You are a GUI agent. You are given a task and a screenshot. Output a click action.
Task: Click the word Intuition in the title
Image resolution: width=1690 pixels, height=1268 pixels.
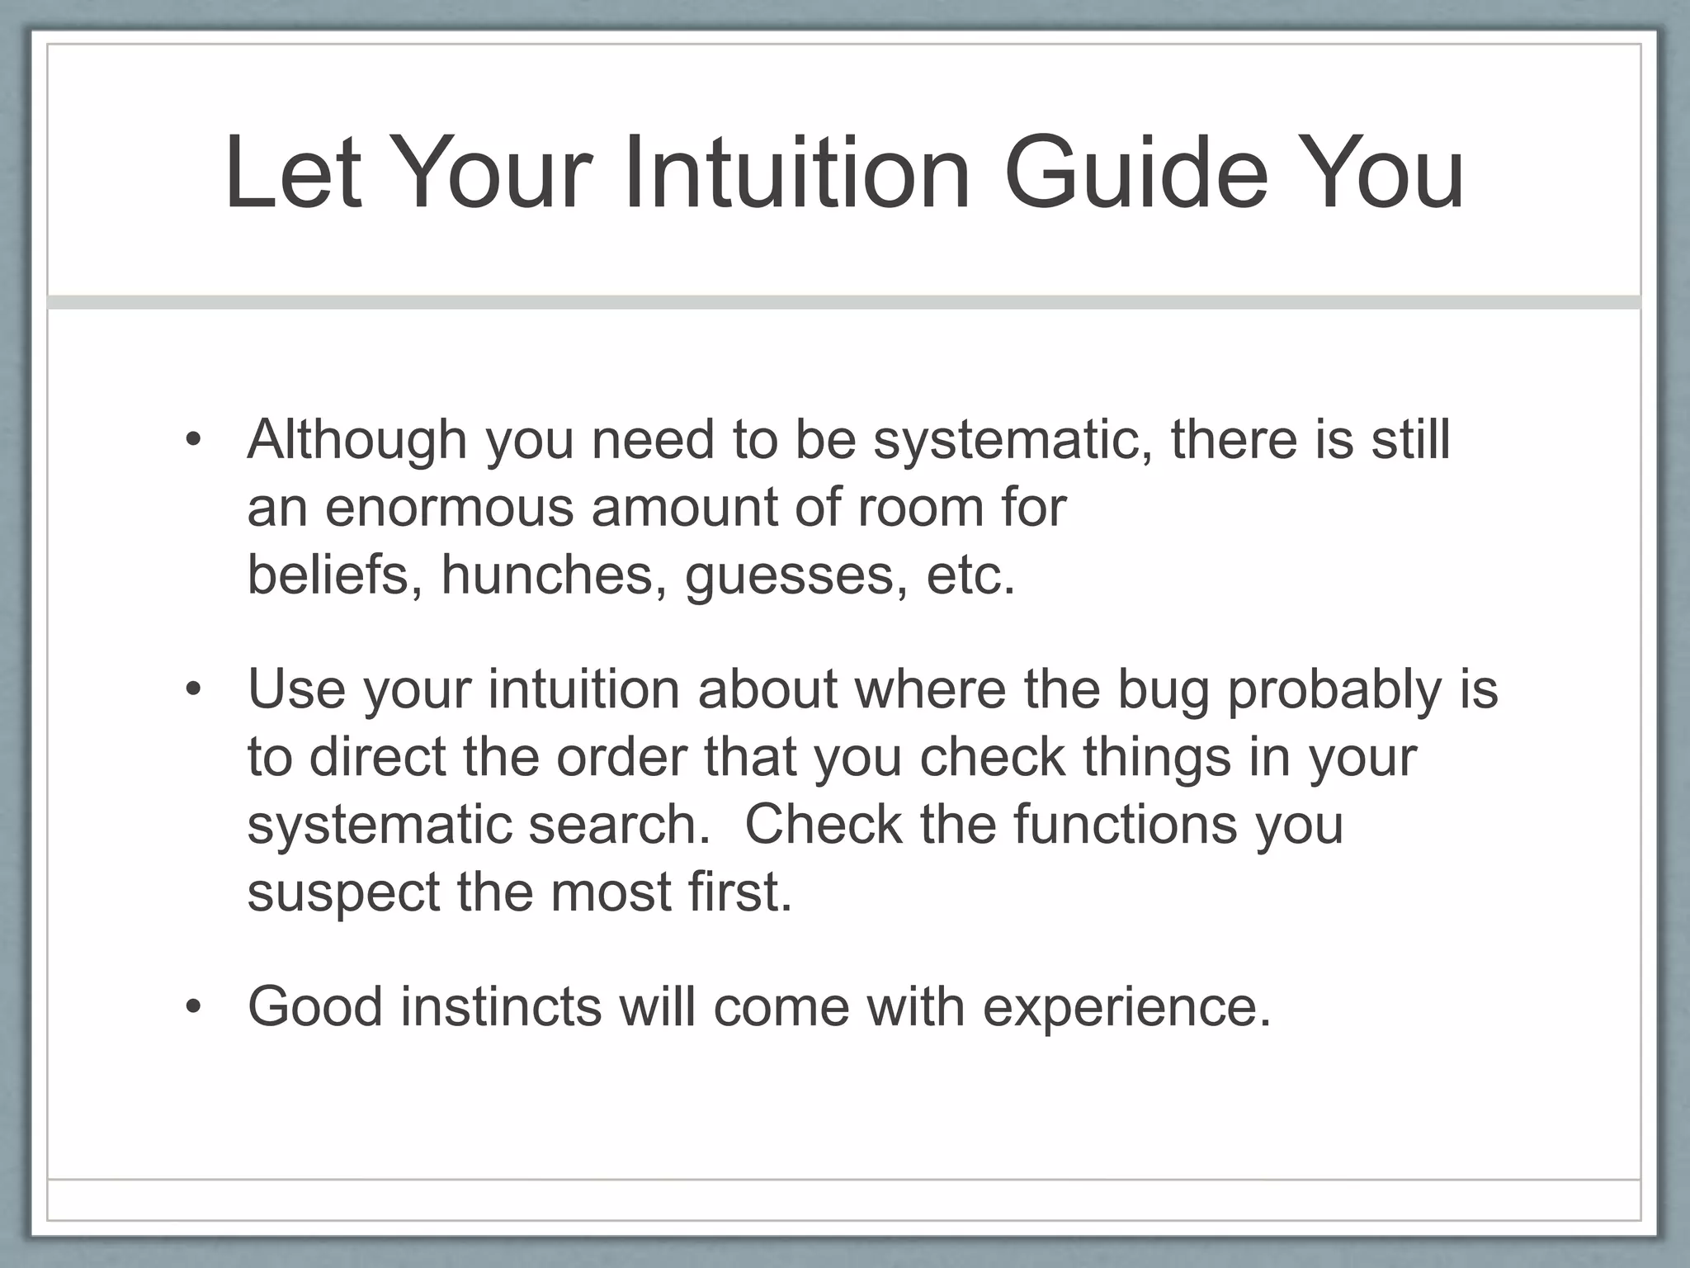click(x=796, y=175)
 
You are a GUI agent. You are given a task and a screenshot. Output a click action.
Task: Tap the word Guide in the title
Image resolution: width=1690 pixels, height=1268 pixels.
click(x=1135, y=175)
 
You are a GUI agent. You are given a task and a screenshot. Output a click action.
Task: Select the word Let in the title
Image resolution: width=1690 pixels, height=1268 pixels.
click(x=292, y=175)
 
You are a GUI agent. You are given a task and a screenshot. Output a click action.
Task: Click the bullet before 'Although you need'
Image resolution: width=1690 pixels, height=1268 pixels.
click(x=193, y=439)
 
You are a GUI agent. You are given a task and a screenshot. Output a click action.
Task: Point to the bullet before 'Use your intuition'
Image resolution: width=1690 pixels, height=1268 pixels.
click(x=193, y=689)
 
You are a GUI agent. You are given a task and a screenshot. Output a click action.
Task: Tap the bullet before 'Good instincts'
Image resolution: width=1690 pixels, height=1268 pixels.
click(x=193, y=1007)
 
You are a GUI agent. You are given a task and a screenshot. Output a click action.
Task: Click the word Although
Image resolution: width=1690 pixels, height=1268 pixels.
click(x=356, y=439)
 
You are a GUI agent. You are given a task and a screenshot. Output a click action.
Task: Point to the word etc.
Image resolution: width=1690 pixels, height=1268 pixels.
click(x=970, y=575)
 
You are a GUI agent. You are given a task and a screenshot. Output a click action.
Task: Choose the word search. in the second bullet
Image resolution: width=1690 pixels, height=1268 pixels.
click(x=619, y=824)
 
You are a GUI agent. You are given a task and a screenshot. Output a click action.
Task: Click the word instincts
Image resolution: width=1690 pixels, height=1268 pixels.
click(x=502, y=1007)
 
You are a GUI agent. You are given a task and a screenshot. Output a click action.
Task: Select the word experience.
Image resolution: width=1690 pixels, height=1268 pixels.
click(x=1126, y=1007)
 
